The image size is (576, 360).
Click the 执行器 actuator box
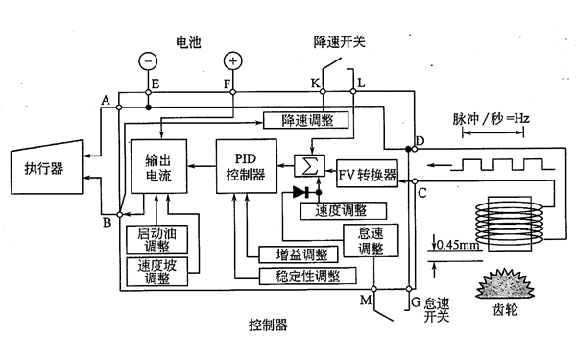tap(46, 169)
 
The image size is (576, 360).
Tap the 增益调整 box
tap(300, 255)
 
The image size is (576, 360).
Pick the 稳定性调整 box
tap(300, 276)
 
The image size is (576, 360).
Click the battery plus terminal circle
tap(233, 60)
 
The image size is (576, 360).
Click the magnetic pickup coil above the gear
tap(510, 220)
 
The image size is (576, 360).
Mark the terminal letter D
tap(419, 142)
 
